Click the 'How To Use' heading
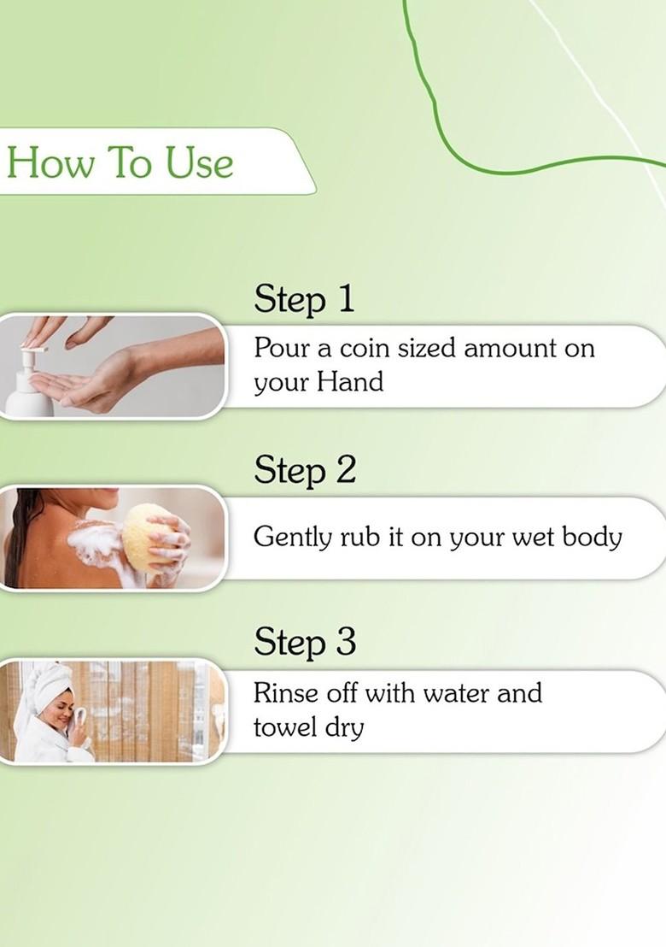pos(120,162)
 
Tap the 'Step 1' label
pos(303,299)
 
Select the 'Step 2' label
pos(304,470)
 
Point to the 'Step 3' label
pos(304,642)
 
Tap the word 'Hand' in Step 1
pos(350,382)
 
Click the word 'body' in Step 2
pos(592,538)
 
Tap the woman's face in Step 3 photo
pos(60,709)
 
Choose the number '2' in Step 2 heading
pos(344,470)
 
